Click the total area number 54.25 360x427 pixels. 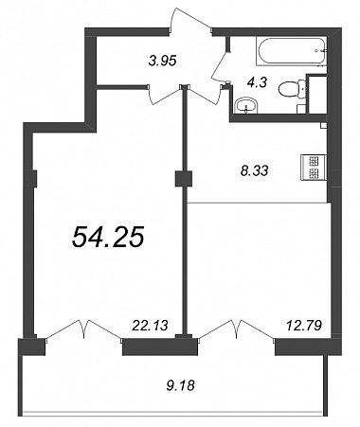(x=108, y=238)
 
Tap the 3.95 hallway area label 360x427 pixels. (x=162, y=60)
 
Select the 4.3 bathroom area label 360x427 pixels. (x=259, y=82)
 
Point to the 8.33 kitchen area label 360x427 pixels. (x=254, y=170)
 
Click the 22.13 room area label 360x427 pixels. (x=151, y=325)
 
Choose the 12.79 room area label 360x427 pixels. (x=304, y=325)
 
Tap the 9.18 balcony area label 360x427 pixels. (x=180, y=385)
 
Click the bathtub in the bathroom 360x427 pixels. (x=291, y=52)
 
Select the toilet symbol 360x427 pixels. (x=292, y=88)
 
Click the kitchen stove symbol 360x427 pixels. (x=315, y=168)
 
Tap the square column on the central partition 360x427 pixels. (x=184, y=179)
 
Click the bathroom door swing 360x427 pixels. (x=221, y=65)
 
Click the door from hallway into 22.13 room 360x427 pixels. (x=164, y=94)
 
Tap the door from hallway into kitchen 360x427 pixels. (x=205, y=94)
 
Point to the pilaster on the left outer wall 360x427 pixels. (x=34, y=179)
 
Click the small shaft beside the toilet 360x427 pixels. (x=316, y=94)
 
